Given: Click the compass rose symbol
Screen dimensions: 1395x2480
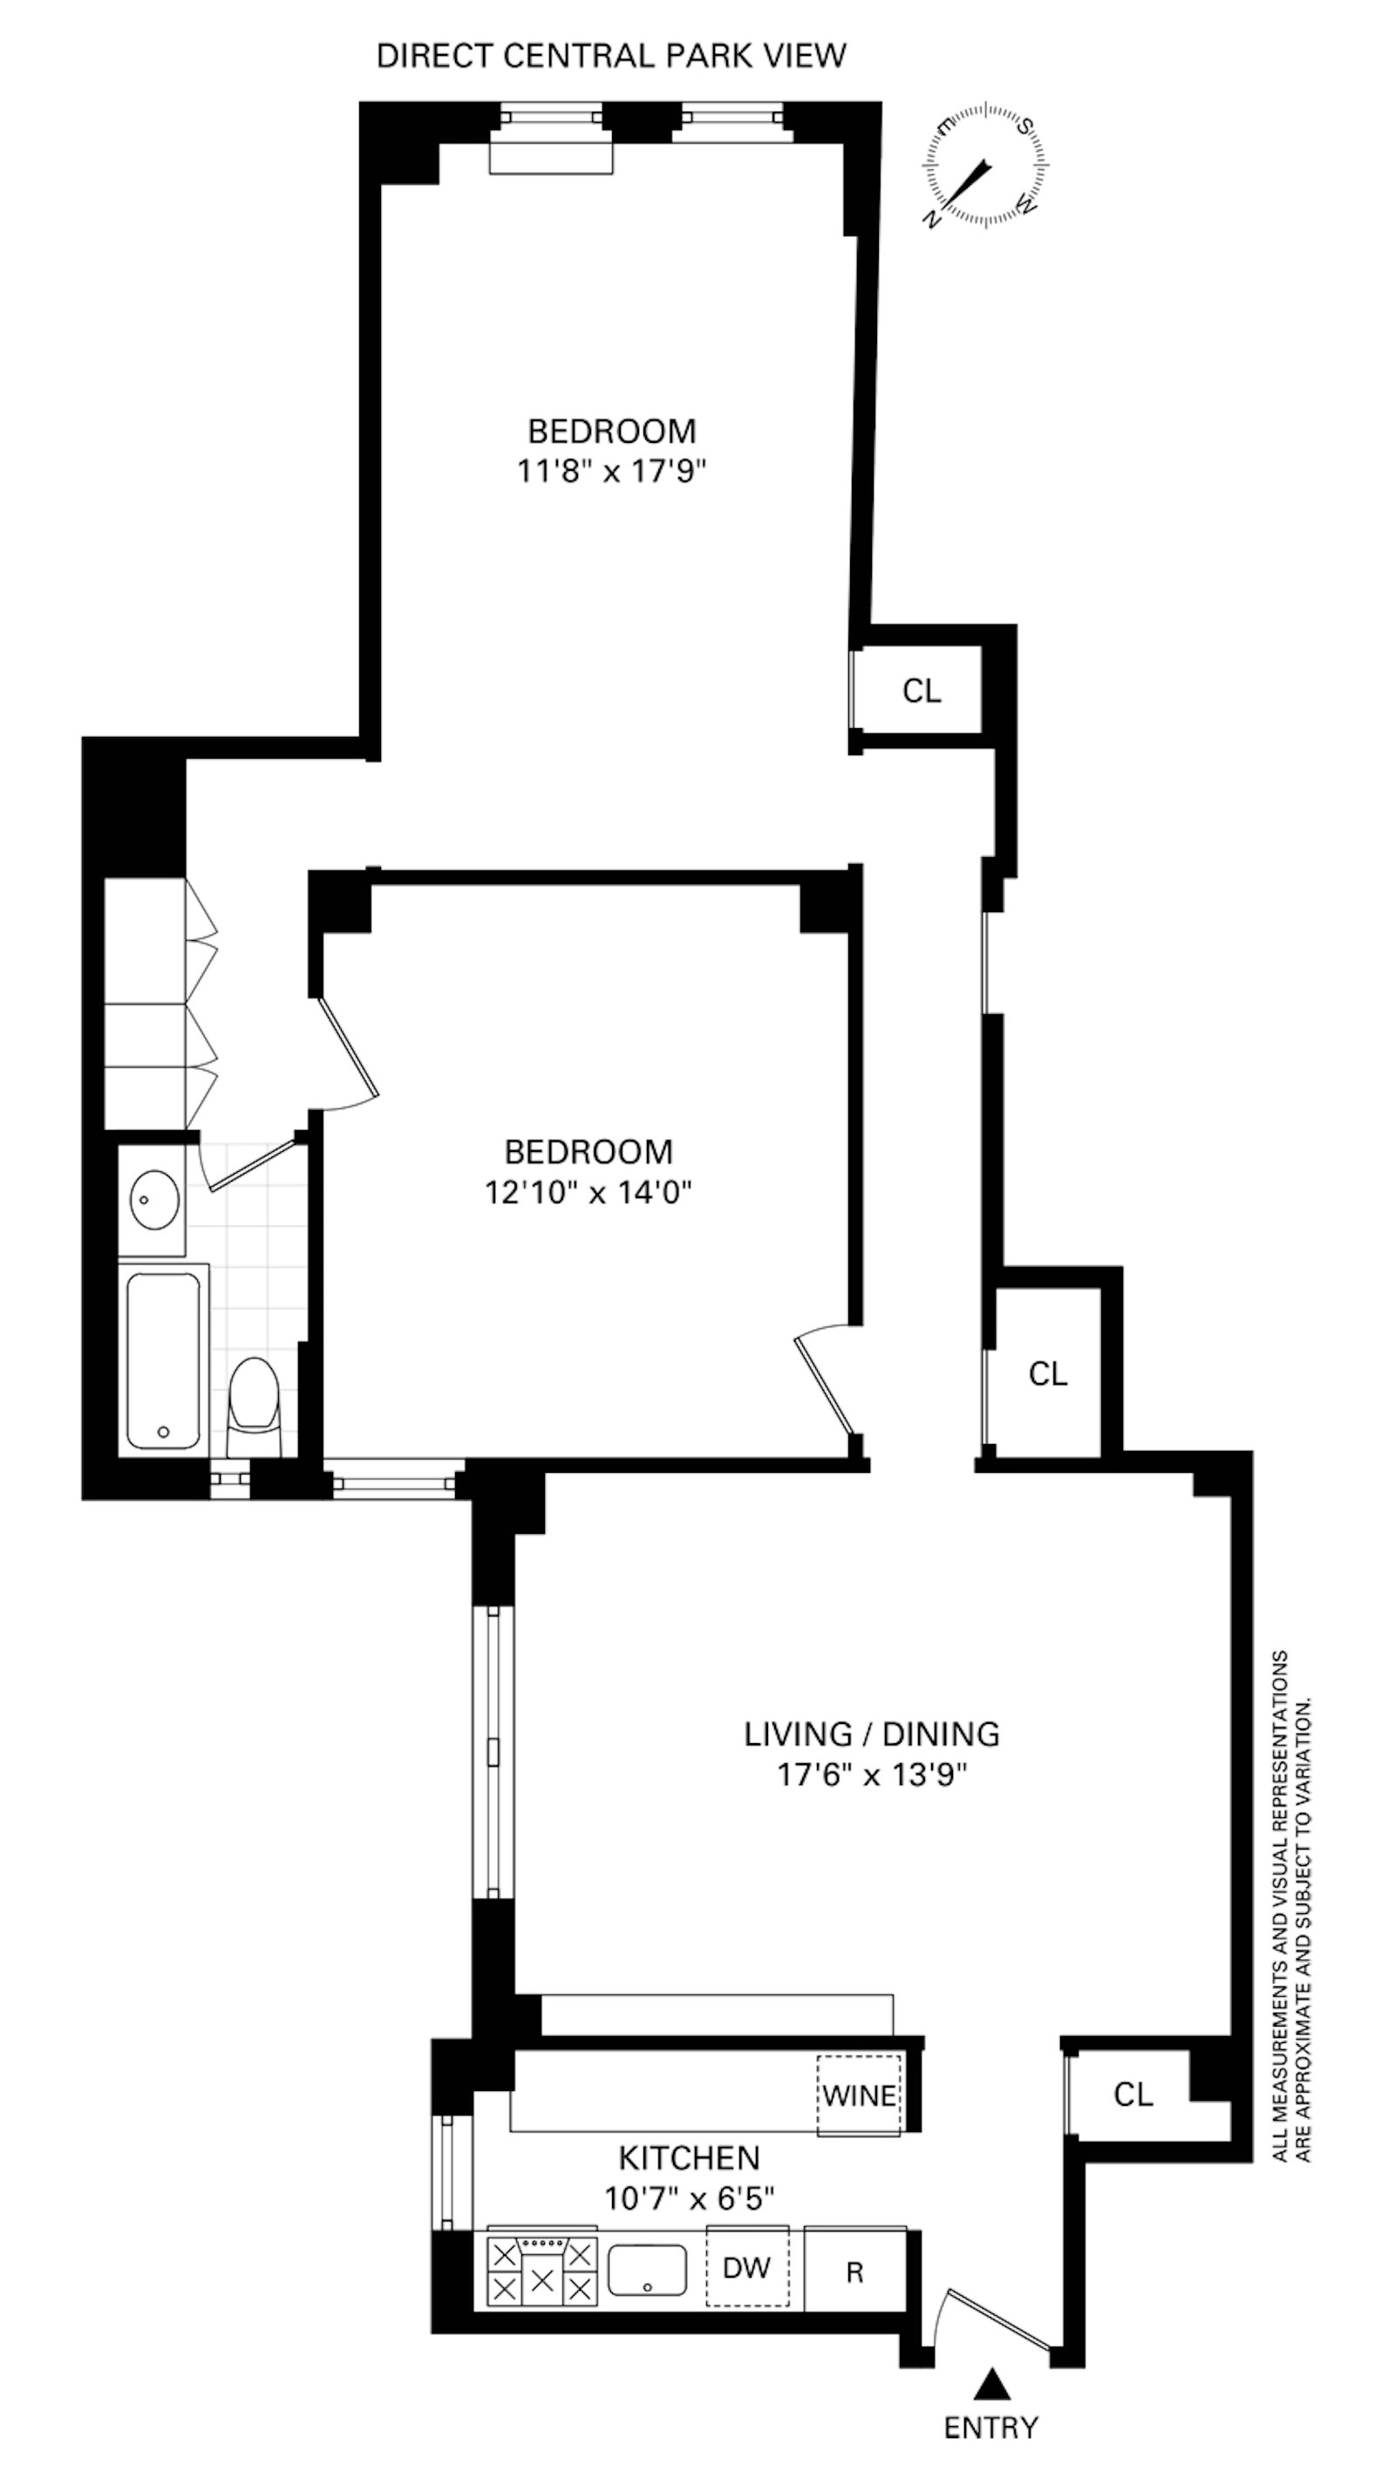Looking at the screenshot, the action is click(984, 165).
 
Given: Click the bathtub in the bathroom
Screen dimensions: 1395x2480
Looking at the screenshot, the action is click(164, 1359).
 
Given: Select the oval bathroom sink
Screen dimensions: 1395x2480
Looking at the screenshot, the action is click(154, 1200).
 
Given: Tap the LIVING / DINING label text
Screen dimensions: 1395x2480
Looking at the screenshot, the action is click(871, 1734).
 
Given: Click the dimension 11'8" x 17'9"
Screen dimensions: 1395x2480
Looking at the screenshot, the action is click(611, 472).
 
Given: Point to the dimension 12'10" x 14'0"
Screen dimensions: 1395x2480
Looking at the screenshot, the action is click(589, 1193).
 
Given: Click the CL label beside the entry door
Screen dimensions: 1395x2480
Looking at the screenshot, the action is click(1133, 2094).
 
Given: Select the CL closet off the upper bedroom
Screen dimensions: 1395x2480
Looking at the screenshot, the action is click(922, 691).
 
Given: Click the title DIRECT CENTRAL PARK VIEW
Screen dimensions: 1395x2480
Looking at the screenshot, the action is click(611, 56).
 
